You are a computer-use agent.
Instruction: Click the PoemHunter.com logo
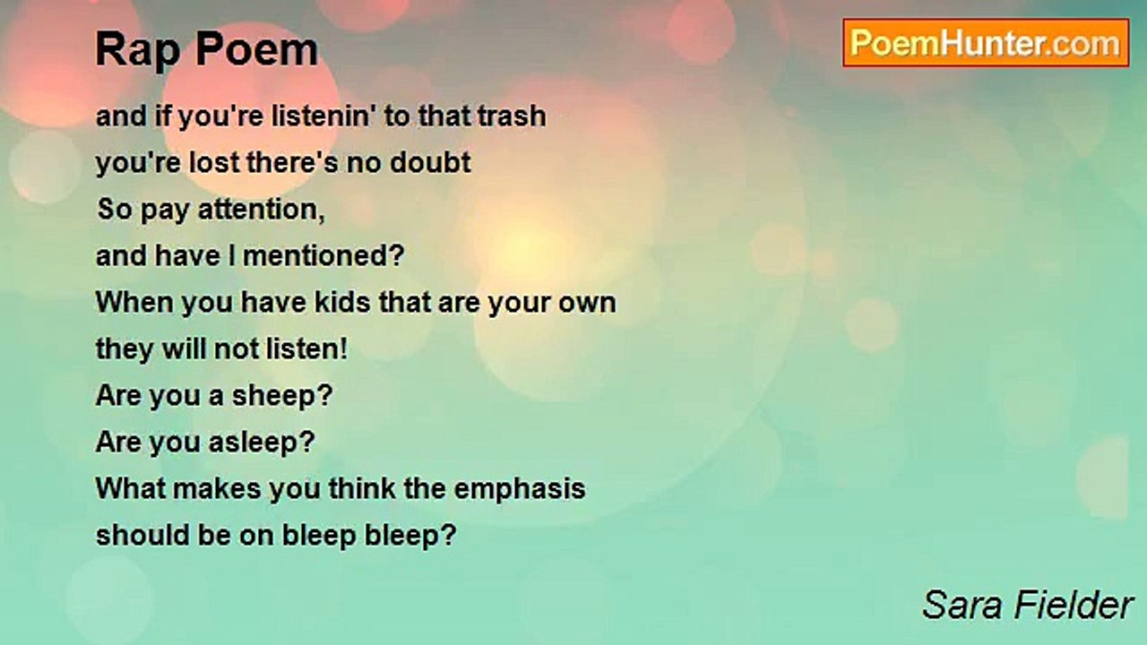(x=986, y=43)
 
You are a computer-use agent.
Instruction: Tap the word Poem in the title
(x=257, y=49)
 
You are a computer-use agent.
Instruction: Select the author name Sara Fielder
(x=1028, y=605)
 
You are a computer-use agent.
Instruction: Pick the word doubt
(x=430, y=163)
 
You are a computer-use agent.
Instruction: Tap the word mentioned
(x=323, y=256)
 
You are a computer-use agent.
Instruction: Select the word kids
(x=342, y=303)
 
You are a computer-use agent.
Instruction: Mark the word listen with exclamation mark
(x=306, y=349)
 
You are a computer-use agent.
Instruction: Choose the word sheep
(x=282, y=396)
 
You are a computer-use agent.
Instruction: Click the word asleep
(x=262, y=443)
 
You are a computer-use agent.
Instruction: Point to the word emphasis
(x=519, y=489)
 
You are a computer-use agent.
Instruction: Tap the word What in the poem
(x=131, y=488)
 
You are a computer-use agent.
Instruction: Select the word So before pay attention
(x=115, y=210)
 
